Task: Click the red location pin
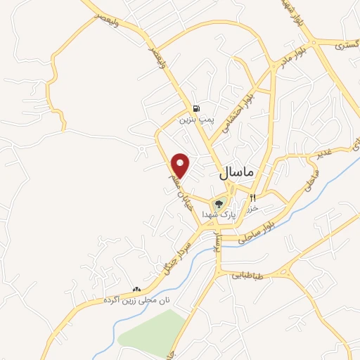tap(181, 165)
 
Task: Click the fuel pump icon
tap(195, 108)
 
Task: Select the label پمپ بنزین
tap(195, 120)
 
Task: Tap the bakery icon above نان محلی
tap(136, 289)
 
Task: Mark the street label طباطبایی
tap(247, 276)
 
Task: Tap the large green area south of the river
tap(151, 330)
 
